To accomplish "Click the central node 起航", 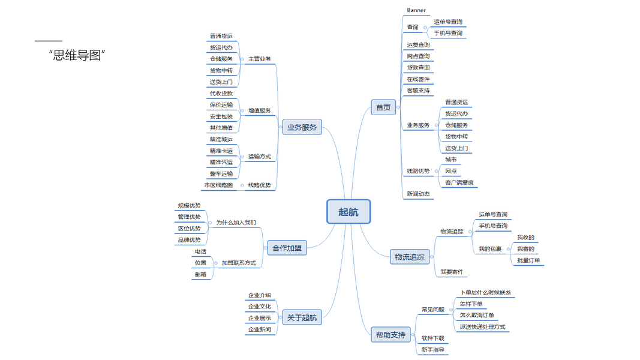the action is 348,212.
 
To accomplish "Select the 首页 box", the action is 383,108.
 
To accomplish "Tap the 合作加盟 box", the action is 287,248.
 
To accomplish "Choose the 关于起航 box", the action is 301,317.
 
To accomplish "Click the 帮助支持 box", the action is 390,335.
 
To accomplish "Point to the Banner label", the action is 416,10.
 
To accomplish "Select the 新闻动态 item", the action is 418,194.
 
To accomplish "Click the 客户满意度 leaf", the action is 459,182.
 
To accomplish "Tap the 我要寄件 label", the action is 452,272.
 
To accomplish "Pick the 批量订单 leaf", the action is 528,260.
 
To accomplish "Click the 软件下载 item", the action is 432,338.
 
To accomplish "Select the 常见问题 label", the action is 432,310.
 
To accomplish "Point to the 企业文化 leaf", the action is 260,307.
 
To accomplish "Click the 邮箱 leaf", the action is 200,274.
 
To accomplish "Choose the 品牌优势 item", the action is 189,240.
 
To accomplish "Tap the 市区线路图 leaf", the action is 218,185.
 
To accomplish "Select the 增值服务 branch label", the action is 259,110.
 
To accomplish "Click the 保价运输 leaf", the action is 221,105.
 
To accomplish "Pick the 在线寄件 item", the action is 418,79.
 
